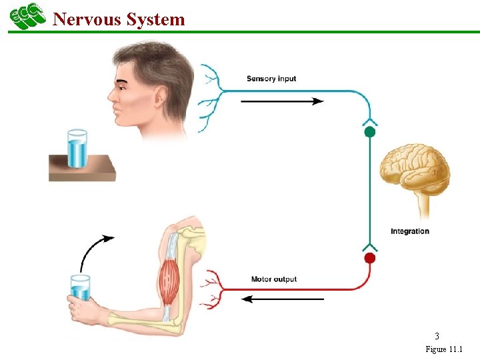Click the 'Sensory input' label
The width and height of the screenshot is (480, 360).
271,79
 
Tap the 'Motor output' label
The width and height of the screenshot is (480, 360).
273,279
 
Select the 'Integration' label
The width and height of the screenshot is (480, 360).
409,231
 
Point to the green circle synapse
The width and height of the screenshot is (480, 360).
370,132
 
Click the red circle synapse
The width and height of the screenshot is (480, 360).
370,258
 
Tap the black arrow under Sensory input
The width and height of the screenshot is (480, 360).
281,101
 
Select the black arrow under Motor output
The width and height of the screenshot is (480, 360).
283,299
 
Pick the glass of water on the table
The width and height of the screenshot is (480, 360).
77,149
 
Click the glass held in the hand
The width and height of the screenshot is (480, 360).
81,287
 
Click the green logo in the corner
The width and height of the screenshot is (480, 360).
27,15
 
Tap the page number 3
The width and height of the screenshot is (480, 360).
437,336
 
